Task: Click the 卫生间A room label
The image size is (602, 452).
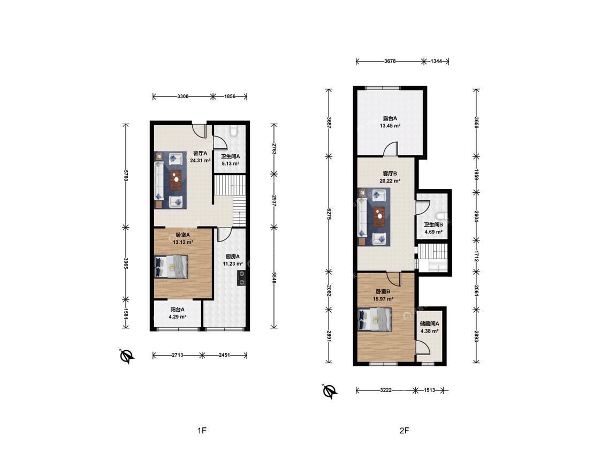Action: tap(230, 156)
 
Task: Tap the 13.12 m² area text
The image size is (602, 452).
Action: tap(183, 242)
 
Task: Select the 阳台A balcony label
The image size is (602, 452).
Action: tap(177, 310)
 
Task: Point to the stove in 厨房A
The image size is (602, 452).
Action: tap(241, 278)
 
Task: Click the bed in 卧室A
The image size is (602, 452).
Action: tap(171, 267)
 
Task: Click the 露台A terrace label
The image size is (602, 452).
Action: tap(390, 118)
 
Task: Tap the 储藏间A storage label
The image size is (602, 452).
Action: tap(430, 324)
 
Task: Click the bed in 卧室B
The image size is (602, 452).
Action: tap(375, 319)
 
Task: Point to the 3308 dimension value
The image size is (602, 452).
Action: tap(183, 96)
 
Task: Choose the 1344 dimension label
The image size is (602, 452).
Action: tap(436, 61)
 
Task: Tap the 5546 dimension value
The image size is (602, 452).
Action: tap(274, 278)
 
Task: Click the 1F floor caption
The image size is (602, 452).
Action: tap(202, 431)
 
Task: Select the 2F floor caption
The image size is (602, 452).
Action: tap(405, 431)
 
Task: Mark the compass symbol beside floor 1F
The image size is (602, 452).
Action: tap(127, 357)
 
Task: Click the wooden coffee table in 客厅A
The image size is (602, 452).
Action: tap(176, 179)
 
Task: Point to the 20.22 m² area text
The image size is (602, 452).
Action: tap(390, 180)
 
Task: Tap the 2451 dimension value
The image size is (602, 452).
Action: tap(224, 355)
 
